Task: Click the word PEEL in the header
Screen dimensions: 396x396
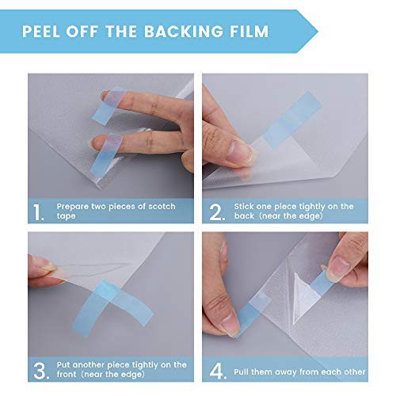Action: pyautogui.click(x=44, y=32)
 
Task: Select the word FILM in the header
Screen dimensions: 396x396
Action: pyautogui.click(x=247, y=32)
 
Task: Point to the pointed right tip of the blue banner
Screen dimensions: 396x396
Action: pyautogui.click(x=317, y=32)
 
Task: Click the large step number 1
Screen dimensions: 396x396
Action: pyautogui.click(x=40, y=212)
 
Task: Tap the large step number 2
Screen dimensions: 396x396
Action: pyautogui.click(x=216, y=212)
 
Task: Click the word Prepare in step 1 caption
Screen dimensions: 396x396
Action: pyautogui.click(x=74, y=205)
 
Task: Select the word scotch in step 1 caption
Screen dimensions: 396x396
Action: pyautogui.click(x=159, y=205)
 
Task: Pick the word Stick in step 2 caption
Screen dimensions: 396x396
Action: pyautogui.click(x=245, y=205)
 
